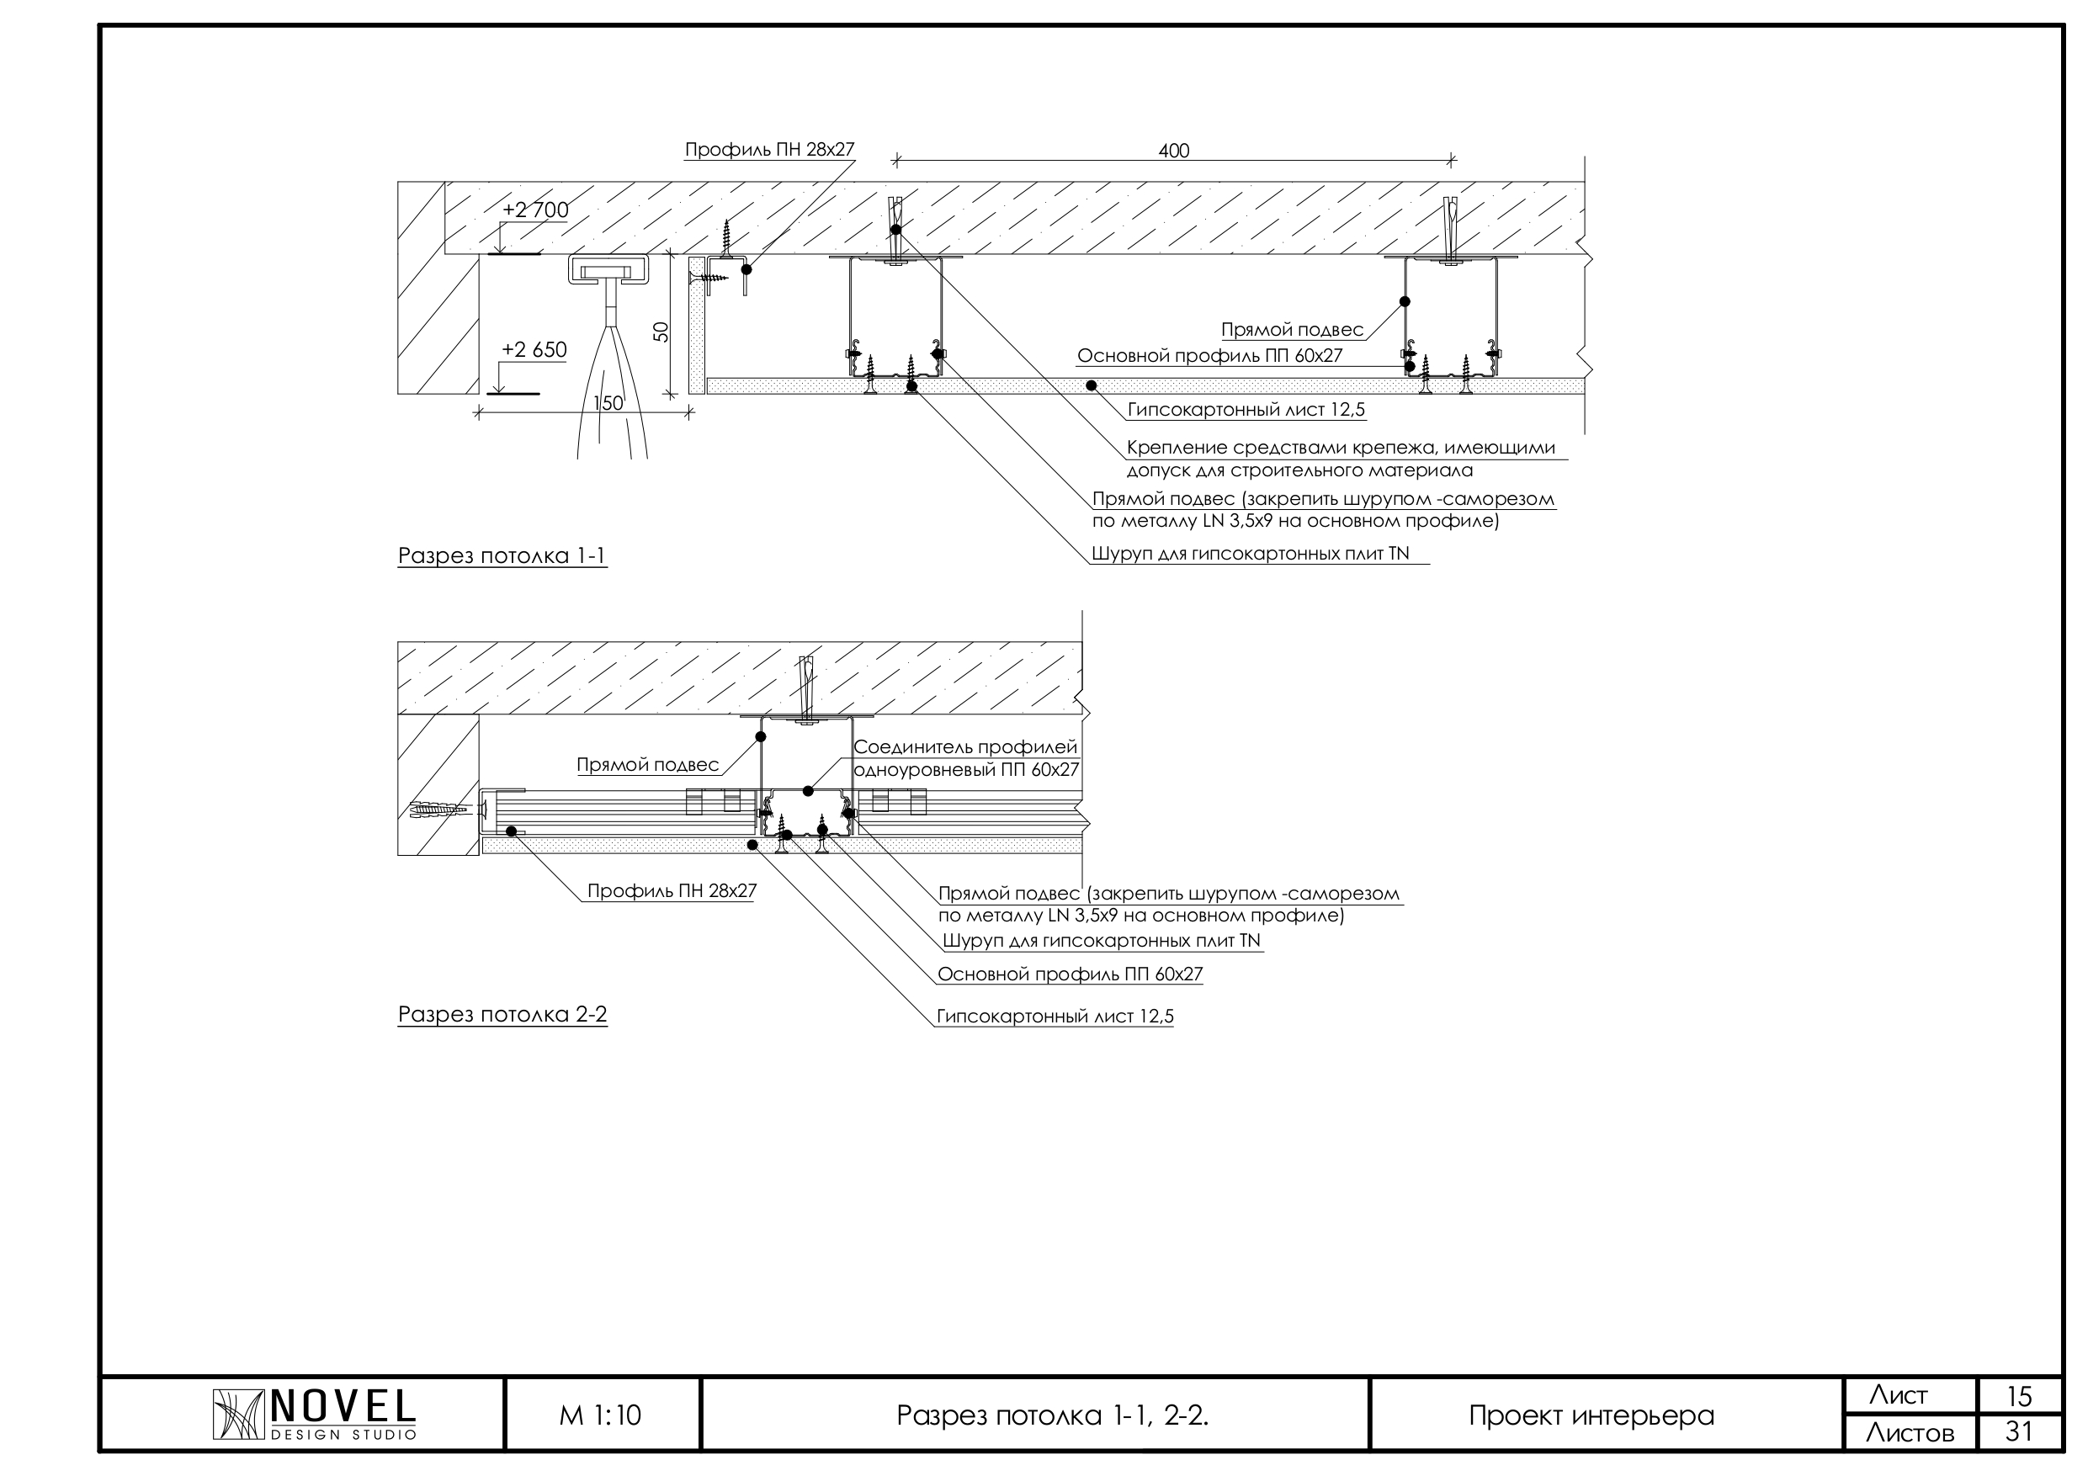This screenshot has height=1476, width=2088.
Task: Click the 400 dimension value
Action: [x=1173, y=150]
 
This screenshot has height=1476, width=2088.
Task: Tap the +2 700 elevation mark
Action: [x=535, y=210]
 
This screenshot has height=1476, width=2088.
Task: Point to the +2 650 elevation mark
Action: [x=534, y=350]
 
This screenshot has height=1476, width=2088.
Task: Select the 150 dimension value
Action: [x=608, y=403]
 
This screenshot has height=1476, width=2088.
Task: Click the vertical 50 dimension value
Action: [x=661, y=332]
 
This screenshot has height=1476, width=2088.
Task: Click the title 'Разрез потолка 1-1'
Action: [x=502, y=555]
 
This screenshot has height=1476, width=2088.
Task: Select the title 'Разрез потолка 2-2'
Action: [x=502, y=1014]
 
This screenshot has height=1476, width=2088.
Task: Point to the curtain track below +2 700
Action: [x=608, y=270]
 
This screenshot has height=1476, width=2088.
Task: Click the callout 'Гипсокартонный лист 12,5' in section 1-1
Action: [x=1246, y=410]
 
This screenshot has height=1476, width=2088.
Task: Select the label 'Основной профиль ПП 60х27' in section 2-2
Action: [x=1071, y=974]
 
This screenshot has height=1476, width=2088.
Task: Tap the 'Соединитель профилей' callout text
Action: [x=964, y=747]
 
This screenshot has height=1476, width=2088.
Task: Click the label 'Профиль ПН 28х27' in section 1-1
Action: [x=769, y=149]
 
